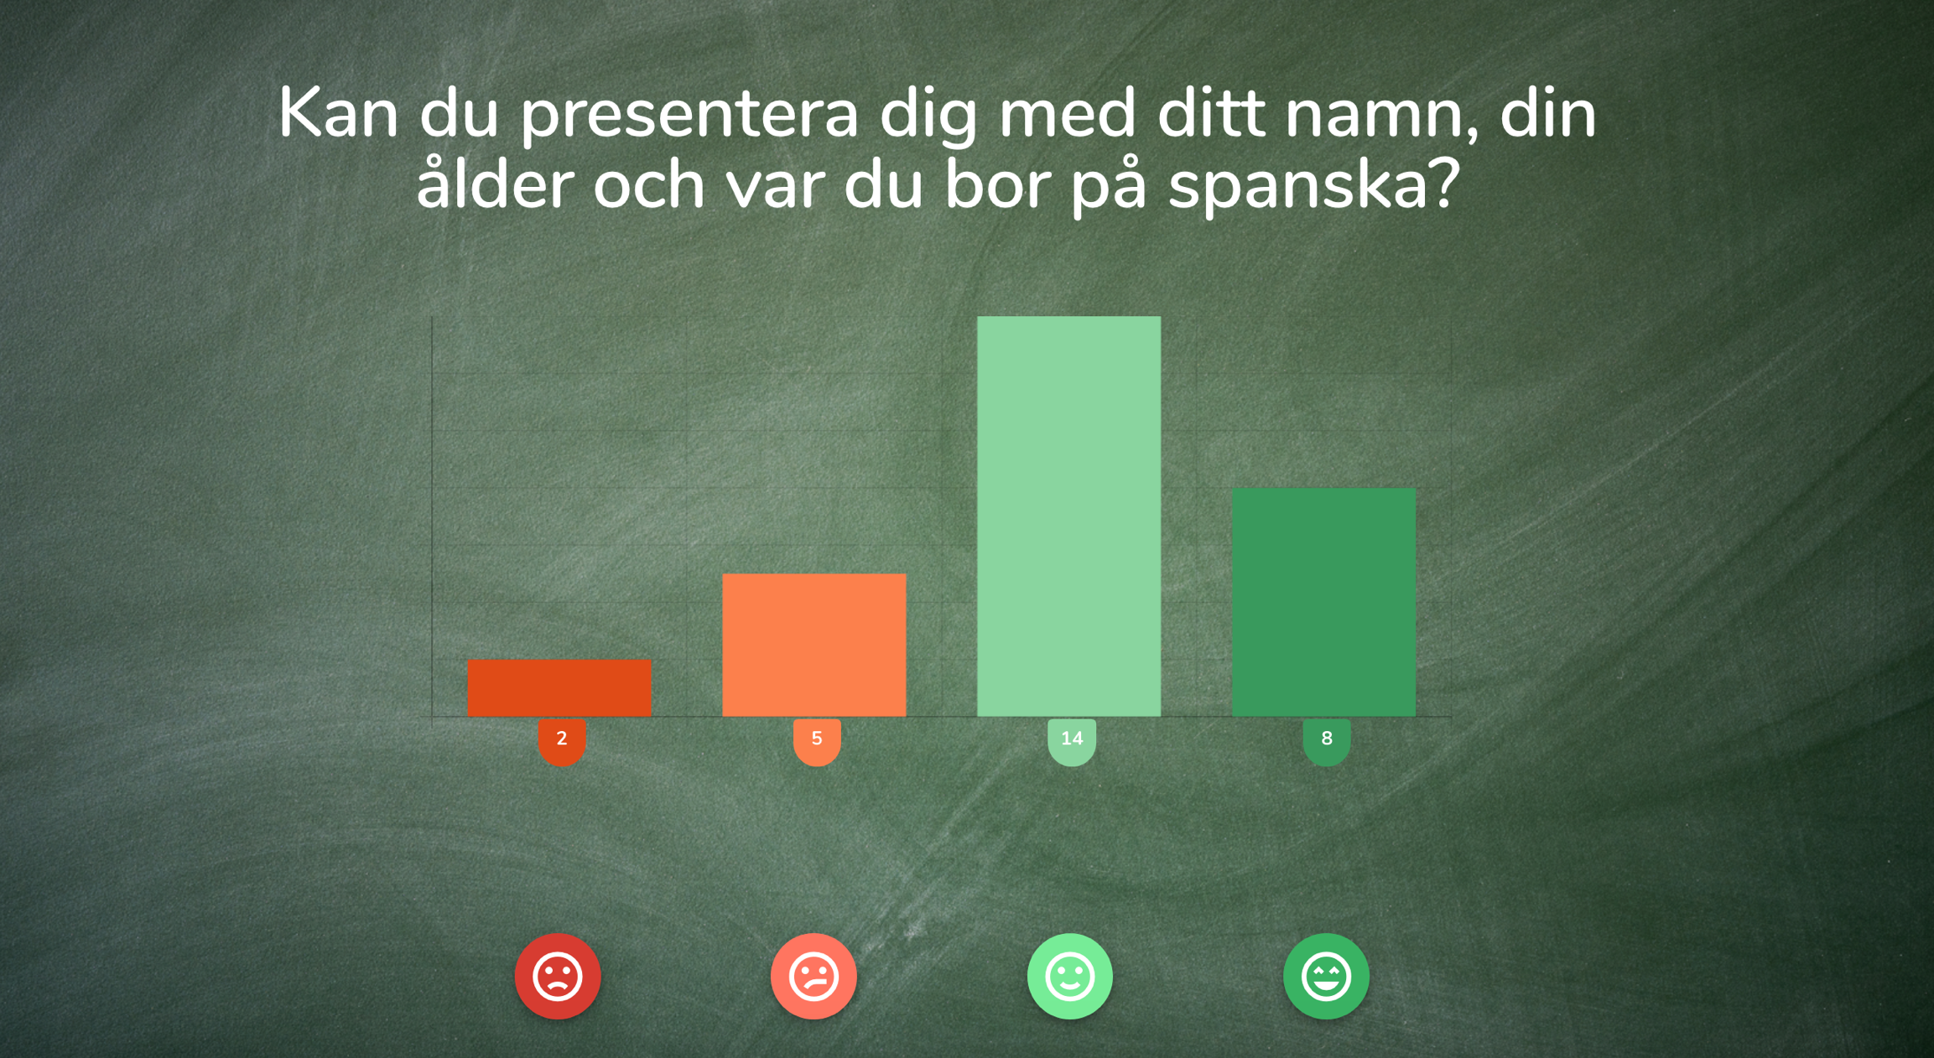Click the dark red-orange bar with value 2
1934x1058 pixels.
[559, 688]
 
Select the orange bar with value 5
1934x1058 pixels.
[814, 645]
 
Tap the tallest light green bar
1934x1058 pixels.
[1069, 516]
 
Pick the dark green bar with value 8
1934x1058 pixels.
[1324, 602]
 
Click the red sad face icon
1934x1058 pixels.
[558, 977]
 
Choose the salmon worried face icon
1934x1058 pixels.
[814, 977]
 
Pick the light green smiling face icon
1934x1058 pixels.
[1070, 977]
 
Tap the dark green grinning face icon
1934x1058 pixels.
[1326, 977]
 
